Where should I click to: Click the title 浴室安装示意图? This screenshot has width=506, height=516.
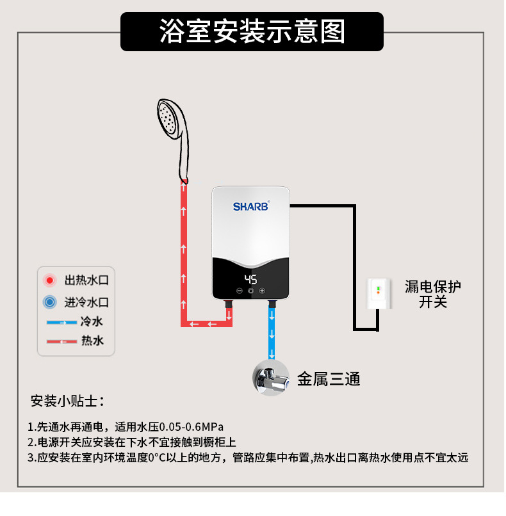coord(252,31)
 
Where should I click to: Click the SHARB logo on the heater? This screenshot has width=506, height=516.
coord(251,207)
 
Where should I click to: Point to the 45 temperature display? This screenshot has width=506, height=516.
coord(250,280)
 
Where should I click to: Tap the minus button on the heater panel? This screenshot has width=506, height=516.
coord(239,291)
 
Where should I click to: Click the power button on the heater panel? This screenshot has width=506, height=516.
coord(250,291)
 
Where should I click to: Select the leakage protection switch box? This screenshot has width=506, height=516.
coord(379,294)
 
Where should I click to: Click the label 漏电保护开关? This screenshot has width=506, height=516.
coord(433,294)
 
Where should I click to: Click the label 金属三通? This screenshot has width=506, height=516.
coord(329,379)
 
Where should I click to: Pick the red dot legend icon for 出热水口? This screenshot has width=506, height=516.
coord(49,280)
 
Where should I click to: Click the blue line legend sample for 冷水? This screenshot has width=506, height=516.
coord(61,322)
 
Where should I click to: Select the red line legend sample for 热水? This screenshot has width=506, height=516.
coord(61,342)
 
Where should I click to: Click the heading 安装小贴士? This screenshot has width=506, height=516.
coord(67,401)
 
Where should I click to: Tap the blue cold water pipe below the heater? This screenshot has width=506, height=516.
coord(272,333)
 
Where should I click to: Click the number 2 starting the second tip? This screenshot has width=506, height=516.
coord(30,442)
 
